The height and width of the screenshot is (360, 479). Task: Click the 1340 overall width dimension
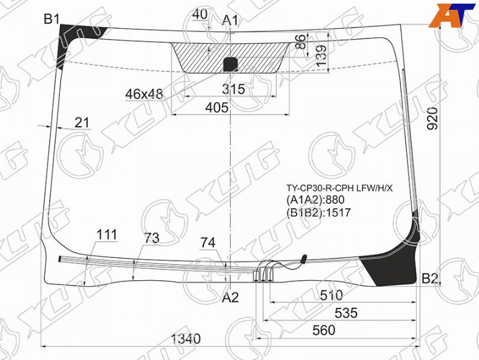(x=186, y=338)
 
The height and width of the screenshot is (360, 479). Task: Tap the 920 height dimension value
(x=432, y=119)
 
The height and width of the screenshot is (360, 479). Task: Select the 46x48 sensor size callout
(x=144, y=94)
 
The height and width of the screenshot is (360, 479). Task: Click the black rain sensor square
(x=231, y=65)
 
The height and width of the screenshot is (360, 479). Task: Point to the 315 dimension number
(x=233, y=89)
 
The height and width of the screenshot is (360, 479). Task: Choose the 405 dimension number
(x=216, y=107)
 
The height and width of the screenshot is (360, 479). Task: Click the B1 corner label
(x=52, y=19)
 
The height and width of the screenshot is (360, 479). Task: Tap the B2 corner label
(x=430, y=278)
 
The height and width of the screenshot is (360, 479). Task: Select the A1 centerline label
(x=230, y=20)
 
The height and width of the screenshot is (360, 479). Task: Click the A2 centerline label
(x=230, y=297)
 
